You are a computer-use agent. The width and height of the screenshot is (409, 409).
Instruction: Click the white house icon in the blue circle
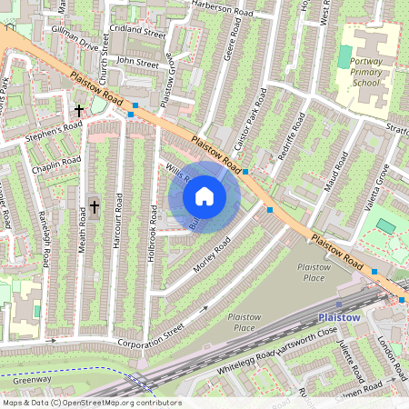tap(204, 195)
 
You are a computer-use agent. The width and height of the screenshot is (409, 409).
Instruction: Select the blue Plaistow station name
tap(340, 317)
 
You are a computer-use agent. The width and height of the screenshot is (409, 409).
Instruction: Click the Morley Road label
tap(214, 253)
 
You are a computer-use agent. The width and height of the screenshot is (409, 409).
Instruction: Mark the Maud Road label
tap(337, 173)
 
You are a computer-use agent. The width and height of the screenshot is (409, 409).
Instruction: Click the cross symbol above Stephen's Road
tap(78, 110)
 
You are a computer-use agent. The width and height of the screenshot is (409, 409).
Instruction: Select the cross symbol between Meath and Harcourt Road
tap(95, 207)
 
